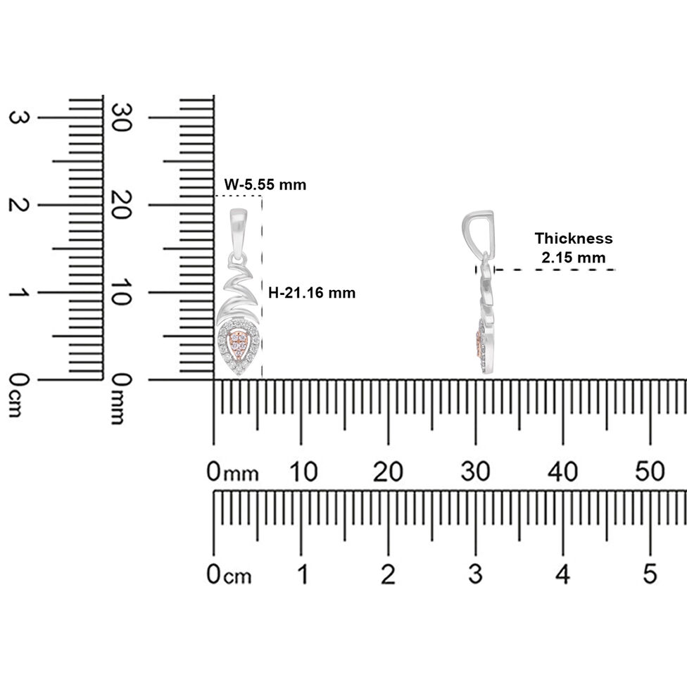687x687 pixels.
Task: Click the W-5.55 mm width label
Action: tap(265, 184)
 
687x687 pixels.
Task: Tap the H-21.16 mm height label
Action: tap(312, 293)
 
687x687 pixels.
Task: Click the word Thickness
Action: tap(574, 239)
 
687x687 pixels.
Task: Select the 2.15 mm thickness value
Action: tap(574, 258)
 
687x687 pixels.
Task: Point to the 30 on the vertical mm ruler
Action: tap(121, 117)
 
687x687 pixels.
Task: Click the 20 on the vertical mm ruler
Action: tap(121, 205)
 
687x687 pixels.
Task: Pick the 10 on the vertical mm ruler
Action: tap(121, 292)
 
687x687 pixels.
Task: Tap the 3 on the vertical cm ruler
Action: tap(19, 118)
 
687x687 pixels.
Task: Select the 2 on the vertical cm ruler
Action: tap(19, 205)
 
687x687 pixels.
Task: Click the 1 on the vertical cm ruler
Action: tap(19, 292)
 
